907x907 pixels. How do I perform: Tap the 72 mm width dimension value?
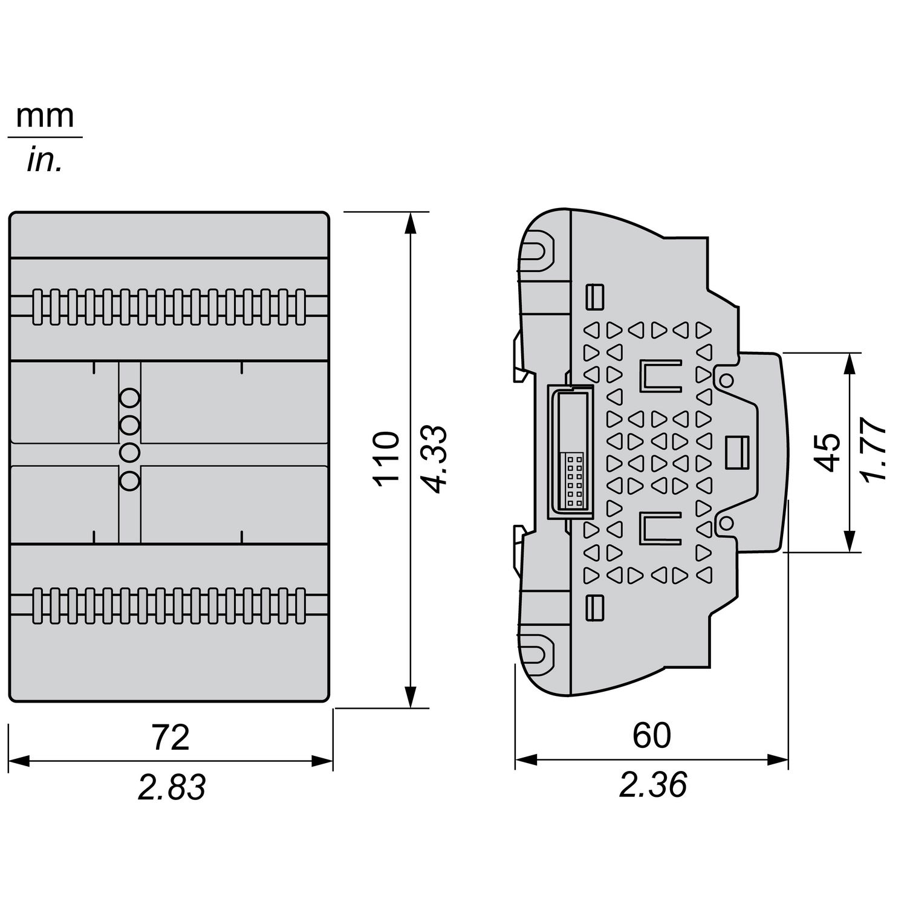(171, 737)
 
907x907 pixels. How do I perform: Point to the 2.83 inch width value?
(172, 787)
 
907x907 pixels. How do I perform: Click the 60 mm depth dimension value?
(652, 735)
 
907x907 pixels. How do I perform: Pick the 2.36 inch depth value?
(653, 785)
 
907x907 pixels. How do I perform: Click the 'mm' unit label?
(45, 116)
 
